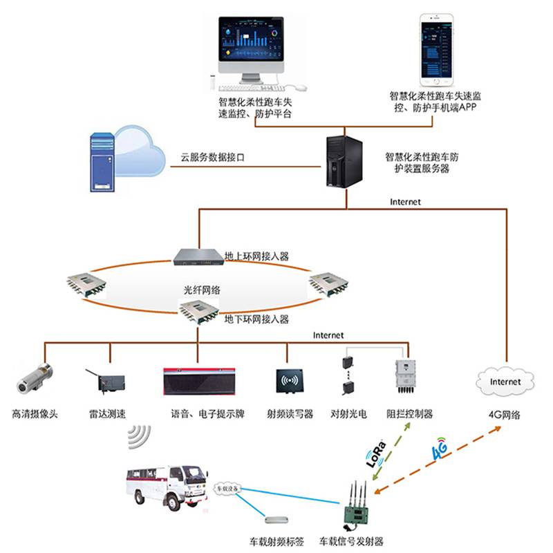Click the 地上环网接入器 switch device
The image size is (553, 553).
197,256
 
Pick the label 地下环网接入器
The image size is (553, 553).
256,319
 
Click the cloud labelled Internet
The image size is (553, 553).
505,382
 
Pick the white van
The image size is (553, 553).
167,487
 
